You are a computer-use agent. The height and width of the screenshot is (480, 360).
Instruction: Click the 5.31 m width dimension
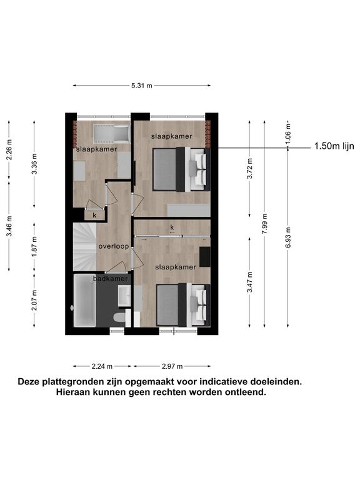(x=142, y=86)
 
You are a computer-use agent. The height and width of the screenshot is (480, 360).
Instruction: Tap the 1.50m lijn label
(x=334, y=146)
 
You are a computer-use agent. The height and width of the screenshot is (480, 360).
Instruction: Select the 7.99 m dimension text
(x=265, y=224)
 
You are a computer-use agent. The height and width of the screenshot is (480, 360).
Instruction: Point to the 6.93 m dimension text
(x=288, y=238)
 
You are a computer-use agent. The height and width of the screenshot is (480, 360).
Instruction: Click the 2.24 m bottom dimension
(x=102, y=366)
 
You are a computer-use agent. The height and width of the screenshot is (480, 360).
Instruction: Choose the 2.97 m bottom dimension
(x=172, y=366)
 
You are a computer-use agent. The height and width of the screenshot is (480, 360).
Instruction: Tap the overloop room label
(x=114, y=246)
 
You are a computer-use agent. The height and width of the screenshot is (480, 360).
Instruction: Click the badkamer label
(x=111, y=279)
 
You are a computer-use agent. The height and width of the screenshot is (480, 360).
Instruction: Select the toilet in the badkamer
(x=119, y=317)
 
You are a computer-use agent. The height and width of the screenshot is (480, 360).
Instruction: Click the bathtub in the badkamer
(x=85, y=300)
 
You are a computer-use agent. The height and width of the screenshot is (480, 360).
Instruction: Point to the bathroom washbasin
(x=124, y=296)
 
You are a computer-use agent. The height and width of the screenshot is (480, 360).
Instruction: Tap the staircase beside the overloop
(x=85, y=247)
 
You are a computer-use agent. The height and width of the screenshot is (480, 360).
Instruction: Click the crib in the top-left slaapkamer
(x=111, y=134)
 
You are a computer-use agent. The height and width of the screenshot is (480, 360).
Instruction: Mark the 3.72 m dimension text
(x=250, y=169)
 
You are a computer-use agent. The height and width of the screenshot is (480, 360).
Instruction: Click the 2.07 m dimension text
(x=34, y=300)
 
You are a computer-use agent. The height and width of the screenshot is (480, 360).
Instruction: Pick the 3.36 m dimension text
(x=34, y=164)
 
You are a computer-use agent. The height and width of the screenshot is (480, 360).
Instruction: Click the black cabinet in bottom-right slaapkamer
(x=205, y=256)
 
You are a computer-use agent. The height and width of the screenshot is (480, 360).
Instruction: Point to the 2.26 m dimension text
(x=9, y=150)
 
